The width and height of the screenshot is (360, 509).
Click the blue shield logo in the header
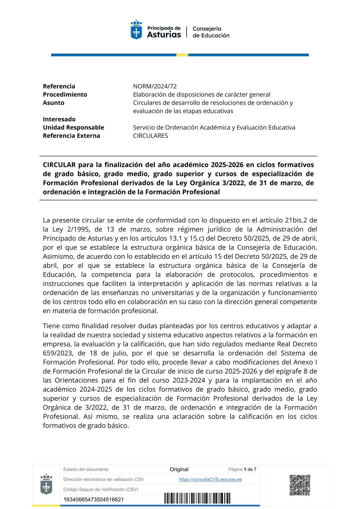coord(136,30)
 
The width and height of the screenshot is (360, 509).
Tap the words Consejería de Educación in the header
coord(211,32)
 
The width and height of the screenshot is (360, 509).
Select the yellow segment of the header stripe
coord(182,55)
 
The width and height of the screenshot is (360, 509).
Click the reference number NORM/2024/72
coord(155,86)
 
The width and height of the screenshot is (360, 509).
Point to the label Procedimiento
coord(65,95)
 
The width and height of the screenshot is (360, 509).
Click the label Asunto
coord(54,103)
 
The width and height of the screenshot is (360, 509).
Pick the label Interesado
coord(59,119)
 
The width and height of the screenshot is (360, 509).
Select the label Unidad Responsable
coord(73,127)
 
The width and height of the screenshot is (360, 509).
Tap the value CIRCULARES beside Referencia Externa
coord(150,136)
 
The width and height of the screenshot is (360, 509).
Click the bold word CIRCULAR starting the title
coord(59,165)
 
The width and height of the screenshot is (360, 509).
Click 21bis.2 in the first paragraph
coord(296,220)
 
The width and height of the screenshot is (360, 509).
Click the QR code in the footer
coord(300,485)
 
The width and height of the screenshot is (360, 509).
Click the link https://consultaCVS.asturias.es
coord(210,479)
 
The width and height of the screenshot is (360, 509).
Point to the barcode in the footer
coord(197,499)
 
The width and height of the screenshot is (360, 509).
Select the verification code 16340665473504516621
coord(94,500)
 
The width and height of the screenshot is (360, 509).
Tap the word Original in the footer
coord(179,469)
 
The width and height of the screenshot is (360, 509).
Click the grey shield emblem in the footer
coord(46,484)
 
